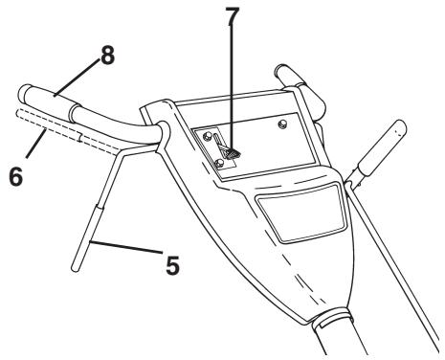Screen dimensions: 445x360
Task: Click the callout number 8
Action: coord(108,57)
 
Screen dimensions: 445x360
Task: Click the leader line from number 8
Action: coord(81,76)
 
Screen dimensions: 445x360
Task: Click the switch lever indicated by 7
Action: coord(230,147)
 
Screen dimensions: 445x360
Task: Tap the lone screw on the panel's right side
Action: coord(282,124)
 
